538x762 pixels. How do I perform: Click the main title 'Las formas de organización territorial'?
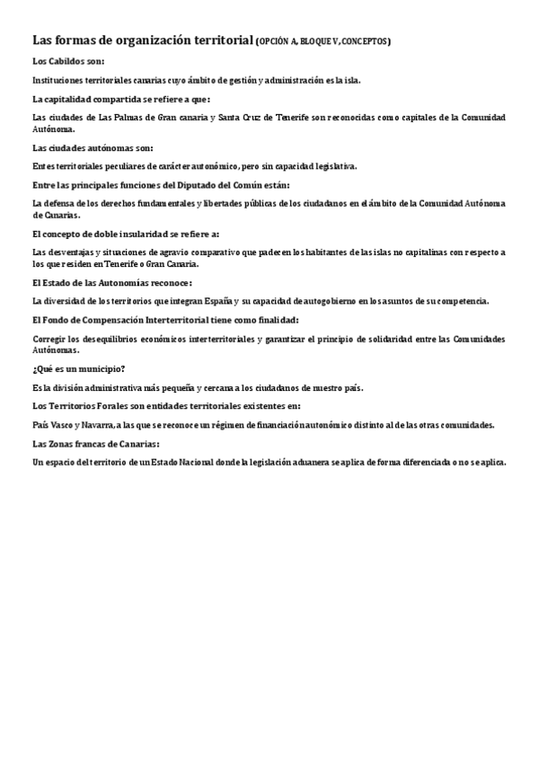coord(143,40)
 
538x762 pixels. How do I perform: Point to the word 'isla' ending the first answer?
coord(350,80)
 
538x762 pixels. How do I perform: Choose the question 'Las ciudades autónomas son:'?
coord(93,146)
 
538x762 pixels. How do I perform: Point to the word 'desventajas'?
coord(69,252)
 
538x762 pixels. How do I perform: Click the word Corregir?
coord(50,339)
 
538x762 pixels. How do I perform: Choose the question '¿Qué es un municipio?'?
coord(78,368)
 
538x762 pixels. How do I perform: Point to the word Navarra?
coord(96,424)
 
